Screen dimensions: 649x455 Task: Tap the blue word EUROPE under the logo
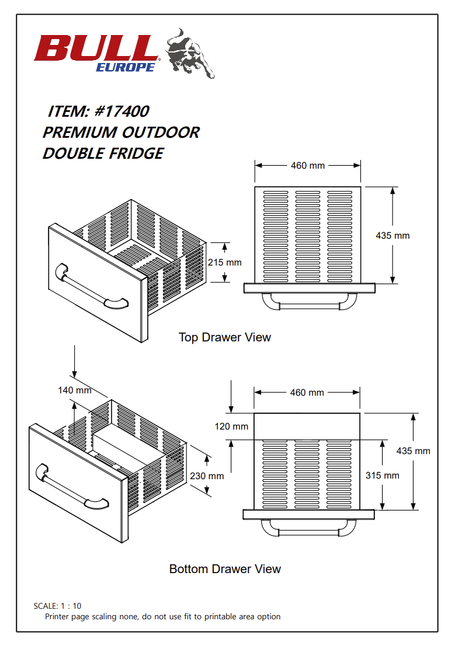coord(125,67)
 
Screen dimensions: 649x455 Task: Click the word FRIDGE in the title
coord(136,153)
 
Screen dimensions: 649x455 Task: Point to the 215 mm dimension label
coord(224,263)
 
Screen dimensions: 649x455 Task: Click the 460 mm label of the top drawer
coord(307,166)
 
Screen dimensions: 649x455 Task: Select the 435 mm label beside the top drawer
coord(393,236)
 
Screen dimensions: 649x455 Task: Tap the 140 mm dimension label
coord(75,390)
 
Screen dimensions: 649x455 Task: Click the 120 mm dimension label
coord(231,427)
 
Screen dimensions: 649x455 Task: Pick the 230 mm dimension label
coord(207,476)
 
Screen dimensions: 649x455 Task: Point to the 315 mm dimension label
coord(383,475)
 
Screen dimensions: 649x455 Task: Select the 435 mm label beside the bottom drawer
coord(413,451)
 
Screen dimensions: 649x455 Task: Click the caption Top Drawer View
coord(225,337)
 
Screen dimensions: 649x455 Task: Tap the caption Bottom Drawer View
coord(225,568)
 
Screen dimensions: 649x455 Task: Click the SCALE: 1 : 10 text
coord(58,606)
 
